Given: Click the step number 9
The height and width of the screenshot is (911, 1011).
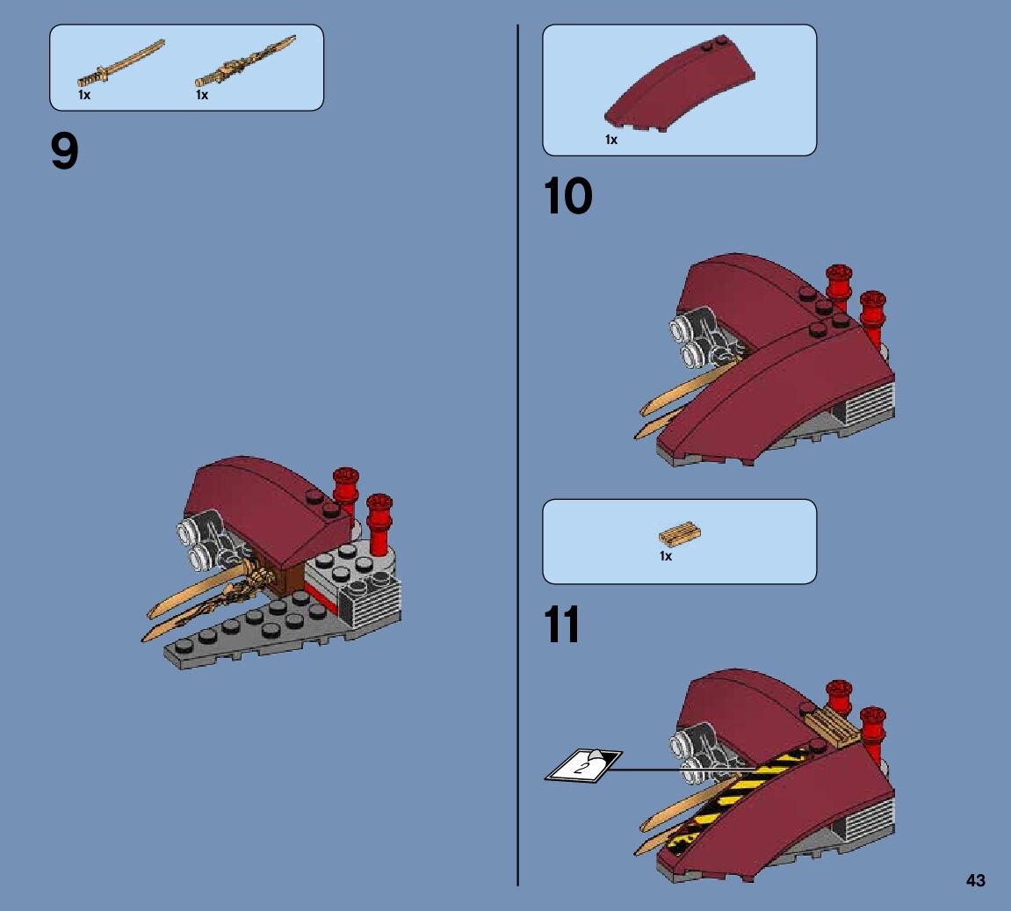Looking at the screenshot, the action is point(65,153).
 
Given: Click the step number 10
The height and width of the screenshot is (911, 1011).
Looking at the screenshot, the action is point(567,197).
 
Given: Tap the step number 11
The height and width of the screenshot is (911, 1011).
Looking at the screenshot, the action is point(562,626).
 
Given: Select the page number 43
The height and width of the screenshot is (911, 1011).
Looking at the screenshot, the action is point(975,881).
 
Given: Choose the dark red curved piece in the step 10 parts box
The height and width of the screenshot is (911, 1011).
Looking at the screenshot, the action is point(679,89).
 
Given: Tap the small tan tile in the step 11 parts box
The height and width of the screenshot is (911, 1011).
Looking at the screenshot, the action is point(679,534).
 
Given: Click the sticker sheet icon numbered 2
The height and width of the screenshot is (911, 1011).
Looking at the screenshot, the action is point(582,763).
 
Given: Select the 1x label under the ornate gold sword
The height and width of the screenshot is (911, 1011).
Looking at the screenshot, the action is point(202,95).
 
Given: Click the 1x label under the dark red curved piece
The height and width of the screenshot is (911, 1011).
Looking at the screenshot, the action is point(611,140).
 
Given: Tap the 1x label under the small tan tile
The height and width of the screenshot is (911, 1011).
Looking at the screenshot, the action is point(666,556).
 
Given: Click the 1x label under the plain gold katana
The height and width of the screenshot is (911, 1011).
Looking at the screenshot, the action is point(84,95).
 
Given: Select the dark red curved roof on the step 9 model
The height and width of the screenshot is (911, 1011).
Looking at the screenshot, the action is point(255,501).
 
